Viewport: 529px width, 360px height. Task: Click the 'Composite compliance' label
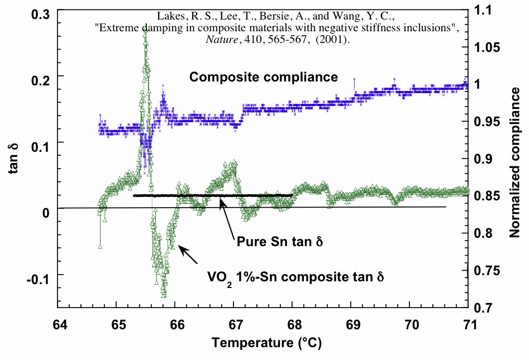pyautogui.click(x=264, y=77)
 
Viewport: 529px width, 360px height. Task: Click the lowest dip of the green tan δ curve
pyautogui.click(x=164, y=296)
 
